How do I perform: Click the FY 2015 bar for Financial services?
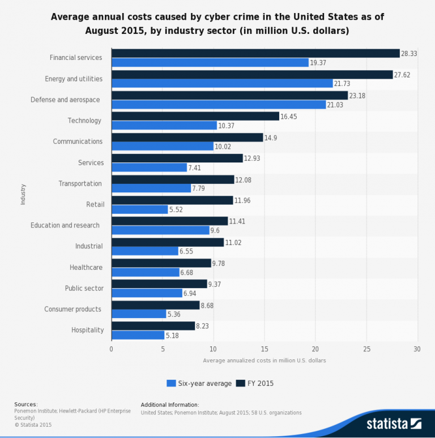[255, 53]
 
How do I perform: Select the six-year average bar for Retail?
[140, 209]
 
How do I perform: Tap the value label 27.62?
[402, 74]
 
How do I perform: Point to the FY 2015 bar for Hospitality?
[153, 326]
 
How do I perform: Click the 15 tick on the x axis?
[265, 349]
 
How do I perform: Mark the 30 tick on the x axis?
[417, 349]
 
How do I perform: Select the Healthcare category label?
[86, 267]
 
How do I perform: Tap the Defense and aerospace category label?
[65, 100]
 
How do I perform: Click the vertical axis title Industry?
[23, 194]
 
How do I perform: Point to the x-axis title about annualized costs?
[264, 360]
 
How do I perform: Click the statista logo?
[394, 423]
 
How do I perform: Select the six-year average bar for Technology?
[164, 126]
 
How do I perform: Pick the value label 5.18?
[173, 336]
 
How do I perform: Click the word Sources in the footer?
[25, 405]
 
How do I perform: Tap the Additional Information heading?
[170, 405]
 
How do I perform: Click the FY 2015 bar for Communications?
[187, 137]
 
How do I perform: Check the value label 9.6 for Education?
[215, 231]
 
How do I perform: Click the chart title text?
[217, 24]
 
